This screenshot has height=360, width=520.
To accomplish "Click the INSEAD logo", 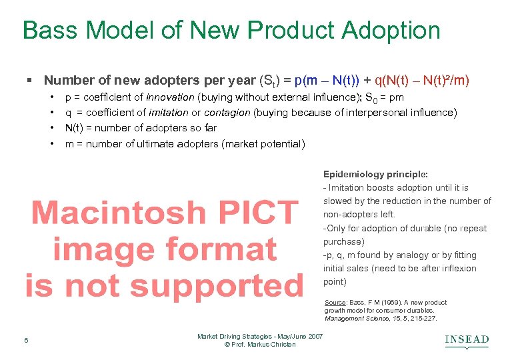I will pos(467,341).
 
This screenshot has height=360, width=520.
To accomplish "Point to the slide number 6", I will pos(25,341).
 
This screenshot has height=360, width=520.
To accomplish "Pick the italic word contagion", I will pos(227,113).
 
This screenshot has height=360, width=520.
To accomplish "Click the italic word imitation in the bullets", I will pos(168,113).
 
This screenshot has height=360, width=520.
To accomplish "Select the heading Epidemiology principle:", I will pos(375,175).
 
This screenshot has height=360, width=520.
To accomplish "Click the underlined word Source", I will pos(335,303).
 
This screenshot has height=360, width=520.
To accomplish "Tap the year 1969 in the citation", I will pos(394,303).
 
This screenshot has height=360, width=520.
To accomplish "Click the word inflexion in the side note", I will pos(456,269).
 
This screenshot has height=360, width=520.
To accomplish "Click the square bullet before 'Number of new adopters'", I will pos(29,81).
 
